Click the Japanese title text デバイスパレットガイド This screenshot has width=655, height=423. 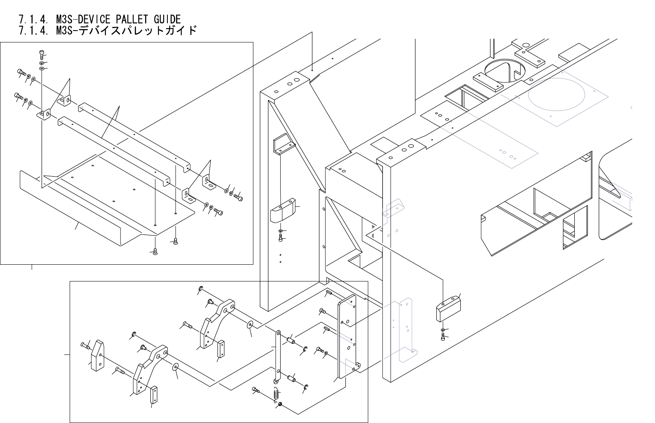(x=138, y=30)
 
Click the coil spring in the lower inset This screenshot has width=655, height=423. (x=276, y=395)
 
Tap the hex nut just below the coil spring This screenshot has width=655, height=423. (x=280, y=405)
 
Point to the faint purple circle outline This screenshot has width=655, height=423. (x=556, y=93)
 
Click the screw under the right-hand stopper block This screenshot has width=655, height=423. (x=443, y=337)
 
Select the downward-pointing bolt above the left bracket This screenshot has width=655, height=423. (x=41, y=53)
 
